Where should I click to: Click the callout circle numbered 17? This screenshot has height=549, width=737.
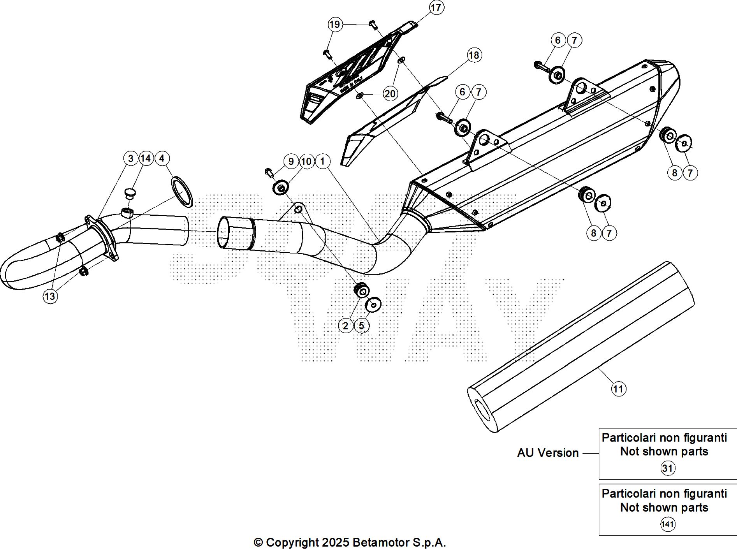436,8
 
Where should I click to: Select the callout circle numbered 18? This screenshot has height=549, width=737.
473,55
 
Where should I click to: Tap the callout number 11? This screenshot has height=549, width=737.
618,389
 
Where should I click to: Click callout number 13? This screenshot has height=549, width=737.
50,297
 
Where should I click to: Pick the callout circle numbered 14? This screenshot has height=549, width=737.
146,158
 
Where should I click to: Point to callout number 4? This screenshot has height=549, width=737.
162,158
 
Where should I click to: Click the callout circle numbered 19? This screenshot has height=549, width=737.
334,25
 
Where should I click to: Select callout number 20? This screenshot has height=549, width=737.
390,93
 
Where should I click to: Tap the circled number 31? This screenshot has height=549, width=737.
667,468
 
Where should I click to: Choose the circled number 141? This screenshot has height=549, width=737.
667,524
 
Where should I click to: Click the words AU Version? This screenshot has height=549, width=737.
548,453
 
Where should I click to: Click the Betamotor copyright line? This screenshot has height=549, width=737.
350,542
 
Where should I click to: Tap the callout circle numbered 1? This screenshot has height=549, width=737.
323,161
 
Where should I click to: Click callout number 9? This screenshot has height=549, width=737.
291,161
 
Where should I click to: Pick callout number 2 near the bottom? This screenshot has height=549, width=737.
345,326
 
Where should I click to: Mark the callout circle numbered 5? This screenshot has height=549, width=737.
361,326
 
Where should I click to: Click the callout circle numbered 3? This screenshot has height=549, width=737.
130,158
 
